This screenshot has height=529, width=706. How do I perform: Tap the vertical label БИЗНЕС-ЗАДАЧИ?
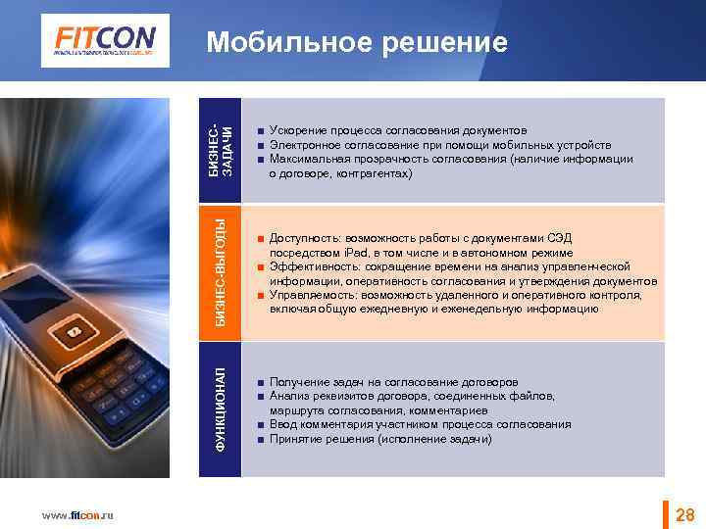pos(222,150)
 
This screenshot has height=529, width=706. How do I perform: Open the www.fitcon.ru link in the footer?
pos(77,515)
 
